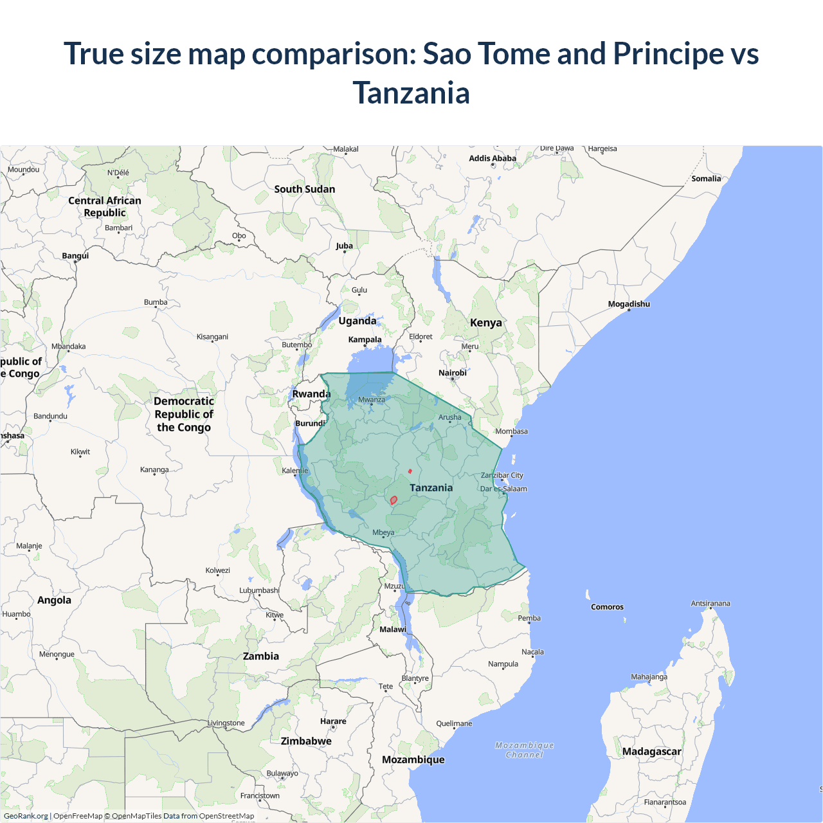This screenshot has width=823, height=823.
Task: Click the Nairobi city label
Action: (453, 373)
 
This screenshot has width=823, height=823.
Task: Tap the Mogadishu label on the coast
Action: (629, 304)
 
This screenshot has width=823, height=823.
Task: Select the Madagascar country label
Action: (651, 752)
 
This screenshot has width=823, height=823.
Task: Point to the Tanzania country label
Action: (431, 488)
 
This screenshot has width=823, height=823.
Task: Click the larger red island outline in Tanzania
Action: (393, 500)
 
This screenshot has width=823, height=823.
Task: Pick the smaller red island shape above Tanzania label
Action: (410, 471)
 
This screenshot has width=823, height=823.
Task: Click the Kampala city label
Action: (365, 339)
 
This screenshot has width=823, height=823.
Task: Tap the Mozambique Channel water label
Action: (525, 750)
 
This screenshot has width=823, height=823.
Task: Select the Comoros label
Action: (607, 607)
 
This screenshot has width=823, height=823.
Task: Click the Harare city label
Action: (333, 721)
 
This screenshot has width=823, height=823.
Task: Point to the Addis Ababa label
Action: (493, 158)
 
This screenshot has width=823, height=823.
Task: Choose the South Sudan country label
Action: (304, 189)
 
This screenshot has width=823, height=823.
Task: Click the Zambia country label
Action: (261, 656)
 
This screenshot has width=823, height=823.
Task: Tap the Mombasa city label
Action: (511, 431)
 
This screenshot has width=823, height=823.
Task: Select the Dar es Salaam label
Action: (503, 489)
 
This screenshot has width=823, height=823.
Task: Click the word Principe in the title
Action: (669, 53)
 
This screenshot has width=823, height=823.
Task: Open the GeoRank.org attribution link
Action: (26, 816)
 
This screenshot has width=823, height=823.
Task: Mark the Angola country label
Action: (54, 601)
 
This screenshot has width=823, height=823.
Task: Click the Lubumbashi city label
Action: (259, 590)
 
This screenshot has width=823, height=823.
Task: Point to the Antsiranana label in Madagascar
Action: (710, 603)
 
